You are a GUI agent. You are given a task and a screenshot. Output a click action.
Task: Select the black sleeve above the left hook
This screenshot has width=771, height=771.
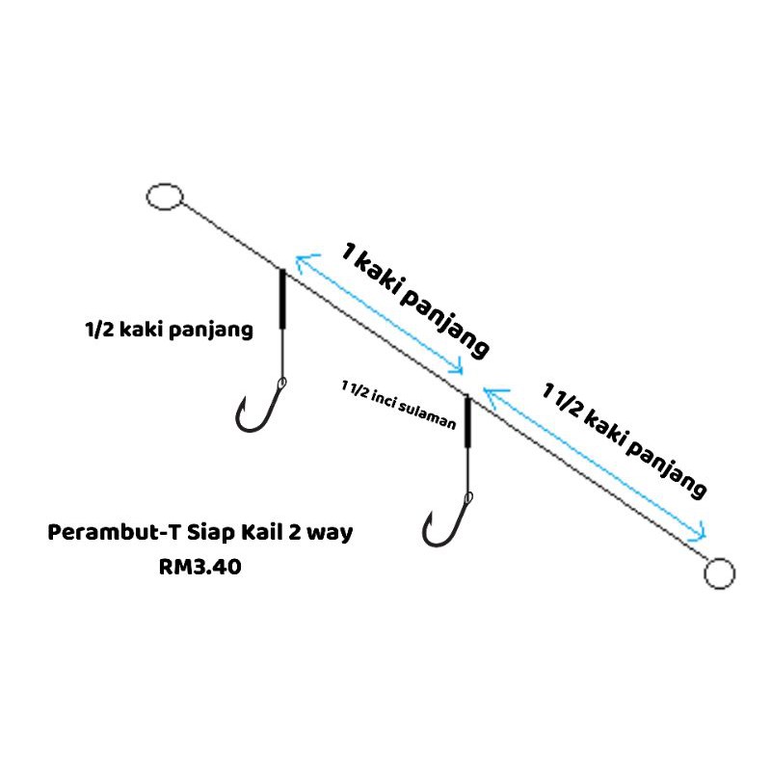pyautogui.click(x=281, y=299)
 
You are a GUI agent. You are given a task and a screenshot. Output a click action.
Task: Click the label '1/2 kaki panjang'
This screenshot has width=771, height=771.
pyautogui.click(x=169, y=331)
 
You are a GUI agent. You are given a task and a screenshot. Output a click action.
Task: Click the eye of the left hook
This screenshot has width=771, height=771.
pyautogui.click(x=282, y=385)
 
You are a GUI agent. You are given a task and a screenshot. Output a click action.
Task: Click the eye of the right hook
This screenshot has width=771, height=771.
pyautogui.click(x=468, y=498)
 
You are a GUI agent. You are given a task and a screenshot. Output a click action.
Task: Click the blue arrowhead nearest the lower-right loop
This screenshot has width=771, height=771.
pyautogui.click(x=705, y=536)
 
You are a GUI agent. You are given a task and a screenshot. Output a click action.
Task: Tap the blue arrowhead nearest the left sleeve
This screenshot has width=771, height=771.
pyautogui.click(x=301, y=258)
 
